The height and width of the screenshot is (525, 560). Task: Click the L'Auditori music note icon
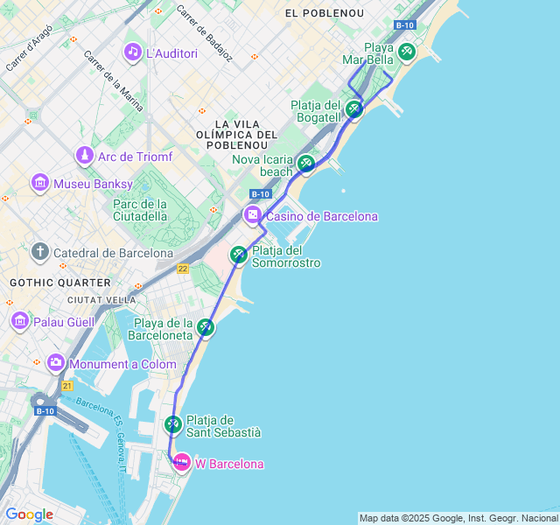tap(133, 52)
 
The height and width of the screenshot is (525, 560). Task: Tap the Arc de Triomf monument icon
tap(85, 157)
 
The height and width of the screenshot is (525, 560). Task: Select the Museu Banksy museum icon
tap(40, 184)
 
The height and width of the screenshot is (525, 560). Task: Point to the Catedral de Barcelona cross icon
tap(40, 253)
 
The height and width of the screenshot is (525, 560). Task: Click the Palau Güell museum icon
tap(20, 321)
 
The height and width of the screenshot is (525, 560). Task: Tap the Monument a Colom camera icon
tap(56, 363)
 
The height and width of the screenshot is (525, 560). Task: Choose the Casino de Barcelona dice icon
tap(252, 215)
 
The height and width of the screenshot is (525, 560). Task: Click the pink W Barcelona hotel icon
tap(181, 463)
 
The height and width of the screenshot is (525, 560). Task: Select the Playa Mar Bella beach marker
tap(406, 52)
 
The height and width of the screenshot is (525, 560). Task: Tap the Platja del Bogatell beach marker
tap(353, 109)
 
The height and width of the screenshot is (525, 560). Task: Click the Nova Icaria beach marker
tap(305, 163)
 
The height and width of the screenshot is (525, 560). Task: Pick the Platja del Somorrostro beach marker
tap(238, 255)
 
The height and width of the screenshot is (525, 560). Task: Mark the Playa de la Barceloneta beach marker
tap(206, 327)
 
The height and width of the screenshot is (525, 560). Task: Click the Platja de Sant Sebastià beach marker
tap(172, 425)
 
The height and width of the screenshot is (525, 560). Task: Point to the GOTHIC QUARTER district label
tap(60, 283)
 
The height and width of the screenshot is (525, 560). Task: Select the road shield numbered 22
tap(182, 269)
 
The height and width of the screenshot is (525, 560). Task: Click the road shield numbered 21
tap(66, 386)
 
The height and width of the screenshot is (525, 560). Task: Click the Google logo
tap(29, 514)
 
